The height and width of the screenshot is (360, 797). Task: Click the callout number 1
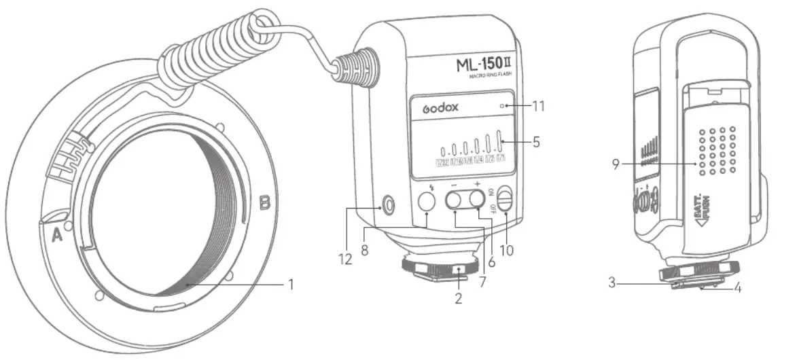(x=290, y=285)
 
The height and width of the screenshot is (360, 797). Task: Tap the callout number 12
(x=348, y=259)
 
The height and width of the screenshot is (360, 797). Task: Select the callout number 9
(x=616, y=164)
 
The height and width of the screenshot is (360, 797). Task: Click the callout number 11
(x=537, y=106)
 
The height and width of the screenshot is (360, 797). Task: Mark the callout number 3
(x=612, y=281)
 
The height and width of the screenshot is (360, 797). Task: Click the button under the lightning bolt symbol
(x=426, y=201)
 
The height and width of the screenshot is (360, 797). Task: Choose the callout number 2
(x=459, y=298)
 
